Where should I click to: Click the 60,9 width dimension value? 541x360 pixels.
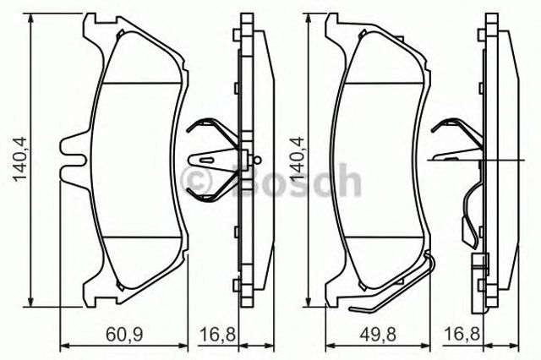click(x=124, y=335)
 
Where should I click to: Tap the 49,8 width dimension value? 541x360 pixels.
click(x=378, y=335)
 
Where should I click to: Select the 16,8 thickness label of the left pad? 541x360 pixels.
click(x=218, y=335)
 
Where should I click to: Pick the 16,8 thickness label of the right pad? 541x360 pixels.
click(x=462, y=335)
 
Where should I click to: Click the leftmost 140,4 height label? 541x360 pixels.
click(x=19, y=159)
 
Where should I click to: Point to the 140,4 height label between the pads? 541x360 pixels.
click(x=298, y=159)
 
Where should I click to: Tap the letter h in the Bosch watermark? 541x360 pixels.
click(x=350, y=180)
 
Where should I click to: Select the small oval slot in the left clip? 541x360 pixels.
click(x=208, y=160)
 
